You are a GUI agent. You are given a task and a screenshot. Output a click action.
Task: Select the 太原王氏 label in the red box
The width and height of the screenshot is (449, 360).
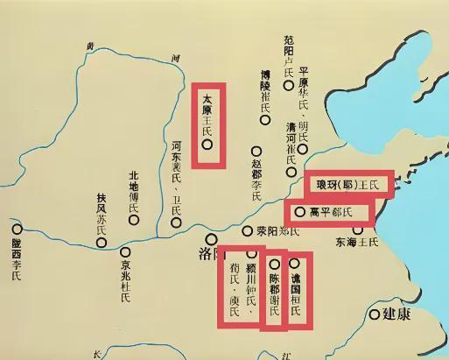pos(207,114)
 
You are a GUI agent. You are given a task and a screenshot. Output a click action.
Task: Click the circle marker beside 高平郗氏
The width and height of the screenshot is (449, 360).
pos(300,211)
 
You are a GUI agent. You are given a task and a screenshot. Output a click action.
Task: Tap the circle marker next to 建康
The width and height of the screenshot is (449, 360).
pos(375,314)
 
